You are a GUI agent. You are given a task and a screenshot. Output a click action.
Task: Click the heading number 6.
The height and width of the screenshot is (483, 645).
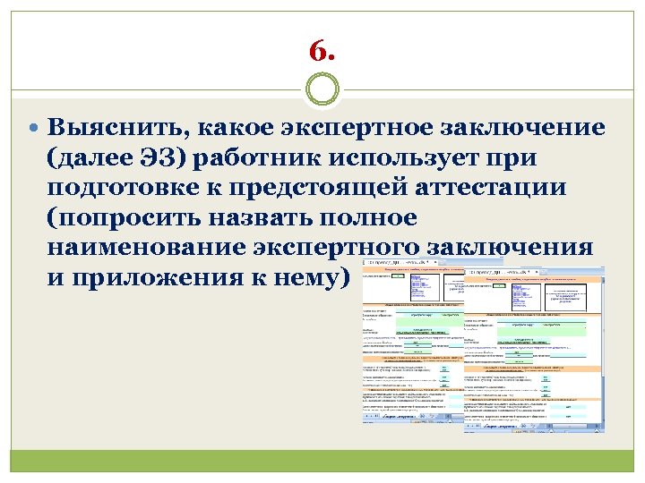[322, 50]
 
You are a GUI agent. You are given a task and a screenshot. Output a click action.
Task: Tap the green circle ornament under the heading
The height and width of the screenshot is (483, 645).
[322, 91]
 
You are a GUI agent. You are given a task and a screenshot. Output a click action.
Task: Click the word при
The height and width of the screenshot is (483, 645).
[511, 158]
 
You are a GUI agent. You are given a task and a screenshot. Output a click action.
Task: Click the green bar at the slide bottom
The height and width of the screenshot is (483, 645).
[322, 461]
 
